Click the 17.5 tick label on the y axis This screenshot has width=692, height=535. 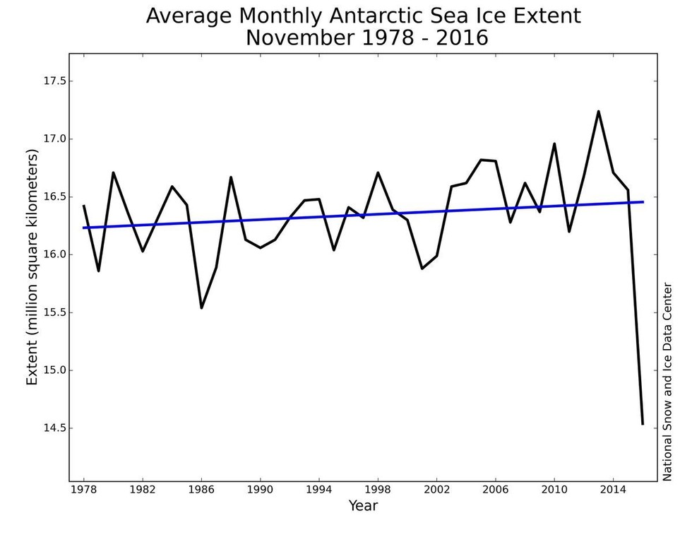coord(54,81)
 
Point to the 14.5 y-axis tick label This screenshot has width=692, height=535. coord(54,428)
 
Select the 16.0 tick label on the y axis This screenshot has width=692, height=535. coord(54,254)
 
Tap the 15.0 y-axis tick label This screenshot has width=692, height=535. coord(54,370)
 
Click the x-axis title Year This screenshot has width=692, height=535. coord(363,506)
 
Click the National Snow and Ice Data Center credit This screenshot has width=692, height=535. coord(667,382)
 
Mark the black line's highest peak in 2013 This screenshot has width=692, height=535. coord(598,111)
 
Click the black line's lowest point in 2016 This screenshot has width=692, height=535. coord(643,424)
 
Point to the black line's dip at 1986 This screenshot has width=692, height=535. coord(201,307)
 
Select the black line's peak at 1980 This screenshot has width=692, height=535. coord(113,172)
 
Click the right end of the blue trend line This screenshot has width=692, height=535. coord(643,201)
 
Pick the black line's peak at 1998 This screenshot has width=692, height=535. coord(378,172)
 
